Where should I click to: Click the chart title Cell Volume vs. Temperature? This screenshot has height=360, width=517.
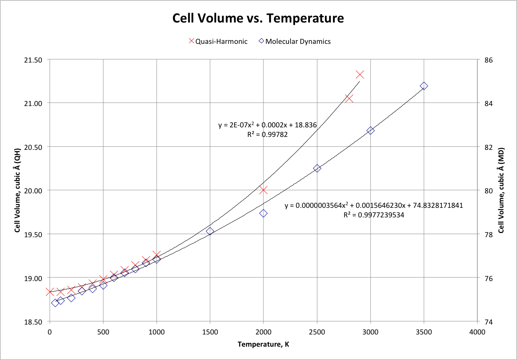click(x=258, y=18)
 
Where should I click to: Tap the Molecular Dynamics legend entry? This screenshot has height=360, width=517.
click(x=295, y=41)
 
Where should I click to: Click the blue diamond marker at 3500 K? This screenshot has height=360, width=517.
click(x=424, y=86)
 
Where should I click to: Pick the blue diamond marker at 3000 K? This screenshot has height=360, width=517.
click(x=370, y=130)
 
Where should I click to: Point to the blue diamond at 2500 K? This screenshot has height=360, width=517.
click(x=317, y=168)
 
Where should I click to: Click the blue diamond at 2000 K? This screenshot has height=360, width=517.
click(x=263, y=214)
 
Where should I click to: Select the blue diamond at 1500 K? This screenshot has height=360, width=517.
click(x=210, y=231)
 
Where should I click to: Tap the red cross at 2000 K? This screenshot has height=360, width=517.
click(x=263, y=190)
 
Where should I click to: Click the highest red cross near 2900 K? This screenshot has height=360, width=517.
click(x=360, y=74)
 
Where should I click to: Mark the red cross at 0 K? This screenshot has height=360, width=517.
click(x=50, y=292)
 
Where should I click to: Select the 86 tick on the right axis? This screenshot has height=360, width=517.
click(x=489, y=60)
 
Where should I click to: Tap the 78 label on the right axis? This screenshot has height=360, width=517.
click(x=489, y=235)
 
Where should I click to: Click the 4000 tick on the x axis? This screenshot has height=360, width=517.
click(x=477, y=332)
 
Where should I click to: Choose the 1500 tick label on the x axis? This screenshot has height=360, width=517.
click(x=210, y=332)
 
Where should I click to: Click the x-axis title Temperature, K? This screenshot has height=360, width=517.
click(x=263, y=344)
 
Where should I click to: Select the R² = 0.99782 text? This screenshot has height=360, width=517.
click(x=267, y=134)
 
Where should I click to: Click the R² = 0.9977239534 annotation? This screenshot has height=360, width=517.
click(x=374, y=215)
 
